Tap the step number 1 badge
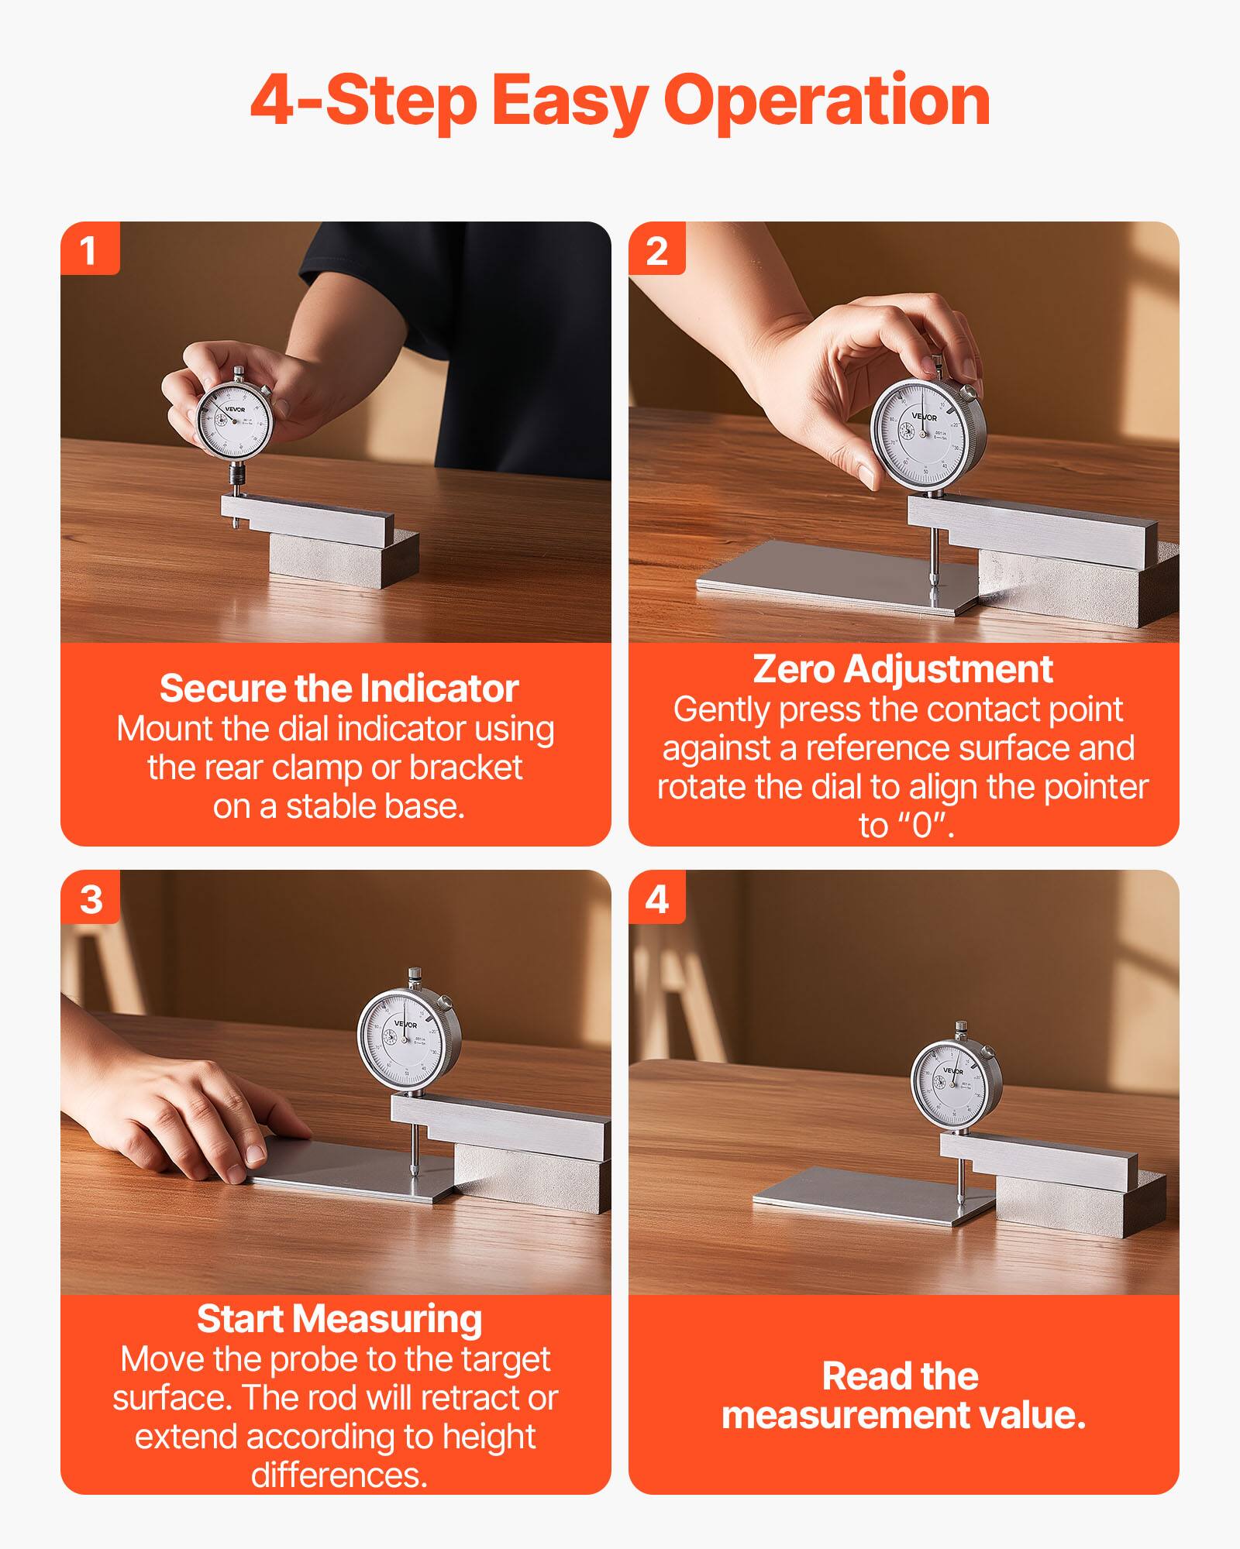tap(89, 249)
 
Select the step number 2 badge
tap(656, 249)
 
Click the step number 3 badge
tap(91, 898)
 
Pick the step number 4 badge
tap(656, 898)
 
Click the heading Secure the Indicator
tap(339, 688)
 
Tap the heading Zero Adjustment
tap(902, 668)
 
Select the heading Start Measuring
tap(339, 1319)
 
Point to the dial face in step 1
tap(233, 421)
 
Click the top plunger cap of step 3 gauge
tap(415, 974)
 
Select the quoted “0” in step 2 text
tap(921, 826)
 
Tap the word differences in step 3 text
tap(339, 1475)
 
